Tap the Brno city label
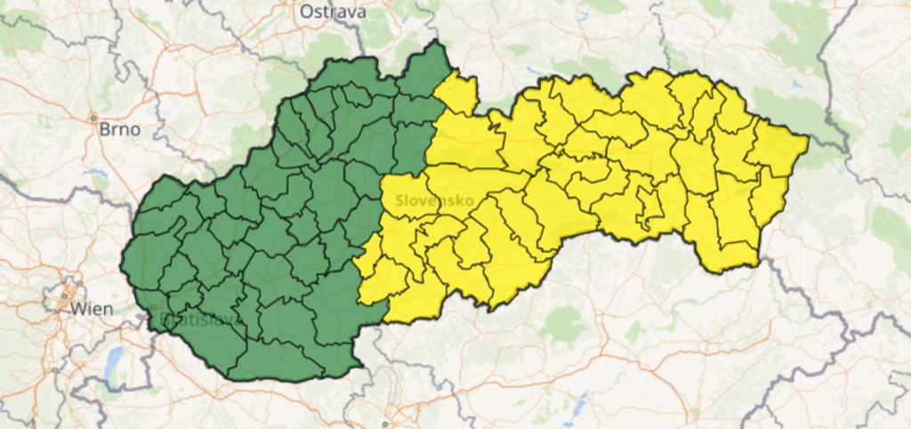point(120,129)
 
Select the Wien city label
point(93,310)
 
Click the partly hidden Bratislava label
point(187,318)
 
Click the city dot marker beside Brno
point(93,117)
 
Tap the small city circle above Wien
point(67,295)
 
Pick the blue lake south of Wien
point(113,361)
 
